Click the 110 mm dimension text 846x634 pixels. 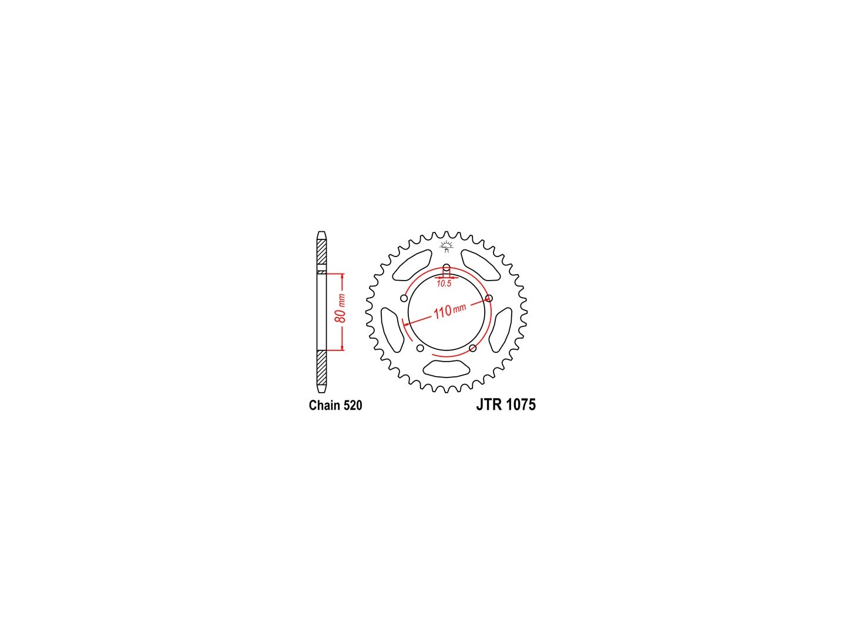coord(450,311)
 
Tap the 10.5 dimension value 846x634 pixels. coord(444,284)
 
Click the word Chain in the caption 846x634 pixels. coord(324,405)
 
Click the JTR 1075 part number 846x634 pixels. coord(506,405)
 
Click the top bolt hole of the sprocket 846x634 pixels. coord(446,268)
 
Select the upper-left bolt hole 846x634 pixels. coord(404,298)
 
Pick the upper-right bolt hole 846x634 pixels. coord(489,298)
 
